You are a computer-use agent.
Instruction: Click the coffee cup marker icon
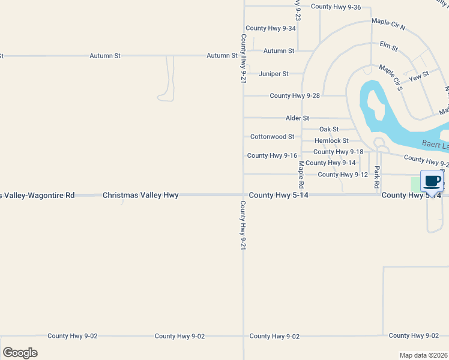[432, 181]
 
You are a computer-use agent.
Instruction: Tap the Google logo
[20, 353]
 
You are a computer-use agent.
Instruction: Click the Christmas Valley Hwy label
[140, 196]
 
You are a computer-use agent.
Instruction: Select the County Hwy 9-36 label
[336, 7]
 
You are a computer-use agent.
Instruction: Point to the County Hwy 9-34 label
[271, 28]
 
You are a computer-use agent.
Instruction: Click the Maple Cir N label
[388, 24]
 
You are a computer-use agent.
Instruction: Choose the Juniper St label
[274, 74]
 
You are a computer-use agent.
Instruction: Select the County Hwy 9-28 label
[295, 96]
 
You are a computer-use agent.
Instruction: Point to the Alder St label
[297, 118]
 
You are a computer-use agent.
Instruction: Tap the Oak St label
[329, 129]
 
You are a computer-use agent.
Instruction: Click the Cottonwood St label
[273, 137]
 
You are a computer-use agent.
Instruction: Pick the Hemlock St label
[331, 140]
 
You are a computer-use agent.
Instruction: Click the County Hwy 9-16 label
[272, 155]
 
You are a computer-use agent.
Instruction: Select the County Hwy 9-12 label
[342, 175]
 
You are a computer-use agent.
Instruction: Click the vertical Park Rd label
[377, 178]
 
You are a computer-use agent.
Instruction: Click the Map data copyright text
[423, 355]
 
